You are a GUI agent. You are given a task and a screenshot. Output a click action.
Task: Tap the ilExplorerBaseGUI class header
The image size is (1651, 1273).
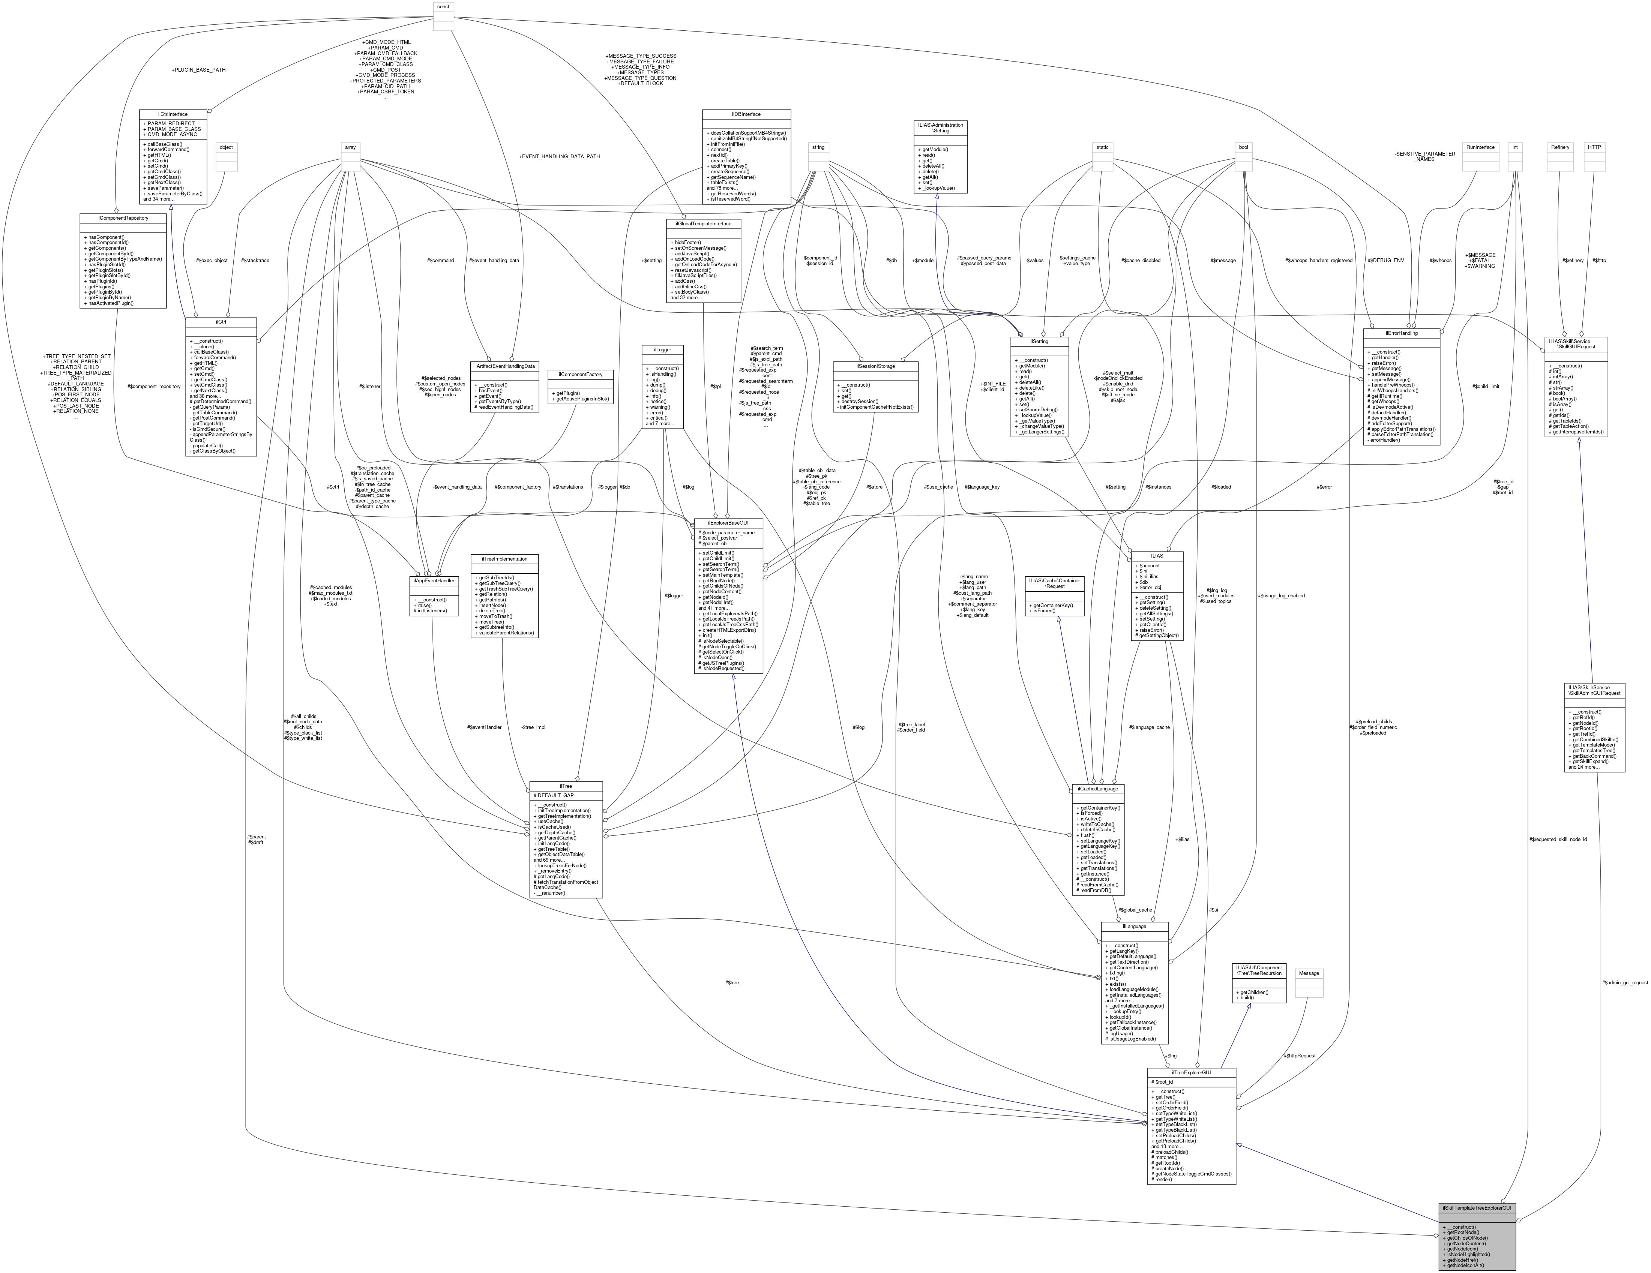729,522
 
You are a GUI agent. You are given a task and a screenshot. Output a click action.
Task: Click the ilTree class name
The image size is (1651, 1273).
566,786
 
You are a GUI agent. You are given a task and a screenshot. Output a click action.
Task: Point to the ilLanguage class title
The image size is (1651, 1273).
1134,926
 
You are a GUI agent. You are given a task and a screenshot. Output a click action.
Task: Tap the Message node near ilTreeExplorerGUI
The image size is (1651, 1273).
1309,973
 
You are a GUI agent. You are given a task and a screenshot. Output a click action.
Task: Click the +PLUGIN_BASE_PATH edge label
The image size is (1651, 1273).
199,69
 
